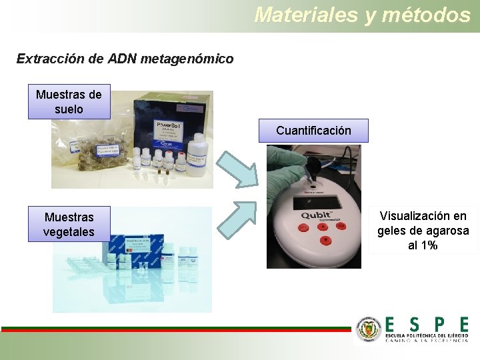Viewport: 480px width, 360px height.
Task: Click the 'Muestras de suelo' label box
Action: click(69, 101)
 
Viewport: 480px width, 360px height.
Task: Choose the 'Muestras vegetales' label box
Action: click(69, 224)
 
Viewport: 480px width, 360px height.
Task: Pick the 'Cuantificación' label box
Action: click(313, 130)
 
